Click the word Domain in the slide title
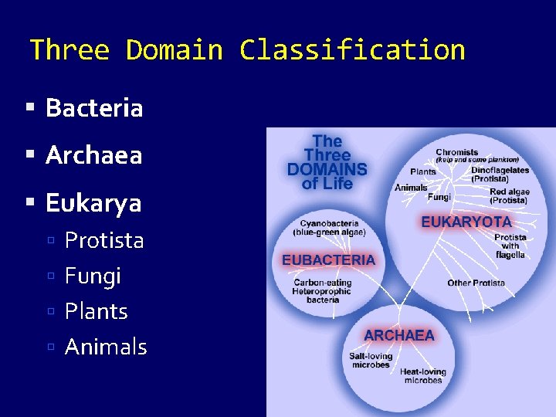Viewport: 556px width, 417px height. click(x=174, y=50)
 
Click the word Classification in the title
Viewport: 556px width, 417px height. click(x=352, y=50)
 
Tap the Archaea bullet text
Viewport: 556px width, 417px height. click(x=93, y=156)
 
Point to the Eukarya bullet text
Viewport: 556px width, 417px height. click(x=93, y=204)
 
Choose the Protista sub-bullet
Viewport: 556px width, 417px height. click(x=104, y=241)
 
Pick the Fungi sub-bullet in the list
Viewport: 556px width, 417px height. click(x=93, y=276)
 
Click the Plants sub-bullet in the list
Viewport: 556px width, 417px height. click(x=96, y=312)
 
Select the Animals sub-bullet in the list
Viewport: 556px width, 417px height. click(x=106, y=347)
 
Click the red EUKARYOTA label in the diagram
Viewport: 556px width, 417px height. click(x=466, y=222)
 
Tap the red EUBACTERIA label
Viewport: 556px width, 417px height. click(x=328, y=260)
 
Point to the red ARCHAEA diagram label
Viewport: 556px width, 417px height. click(x=399, y=335)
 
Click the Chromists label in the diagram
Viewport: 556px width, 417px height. click(x=457, y=152)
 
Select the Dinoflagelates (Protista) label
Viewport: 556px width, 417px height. click(x=500, y=175)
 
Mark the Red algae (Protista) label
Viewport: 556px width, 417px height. click(x=508, y=195)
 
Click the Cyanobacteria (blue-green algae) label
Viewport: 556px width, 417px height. click(x=329, y=228)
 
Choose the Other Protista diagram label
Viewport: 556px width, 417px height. click(x=476, y=283)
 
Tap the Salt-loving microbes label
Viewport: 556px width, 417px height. click(x=371, y=361)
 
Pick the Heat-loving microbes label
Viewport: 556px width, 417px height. click(x=422, y=376)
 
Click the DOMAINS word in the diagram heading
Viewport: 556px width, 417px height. click(x=327, y=170)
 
